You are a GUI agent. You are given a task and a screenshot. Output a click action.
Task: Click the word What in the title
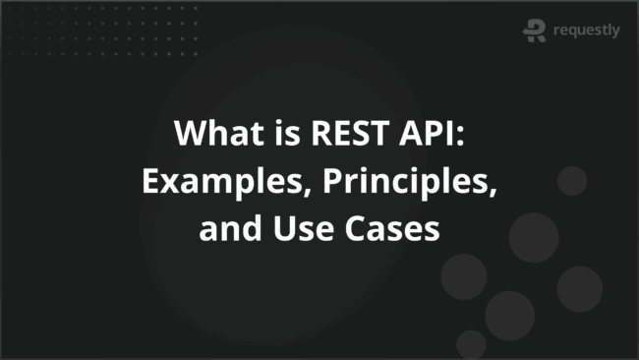pyautogui.click(x=210, y=134)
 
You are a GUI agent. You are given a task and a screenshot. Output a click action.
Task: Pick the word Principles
pyautogui.click(x=377, y=183)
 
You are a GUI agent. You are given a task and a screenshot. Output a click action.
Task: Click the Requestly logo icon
pyautogui.click(x=535, y=30)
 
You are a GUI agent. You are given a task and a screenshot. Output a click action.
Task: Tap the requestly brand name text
pyautogui.click(x=587, y=30)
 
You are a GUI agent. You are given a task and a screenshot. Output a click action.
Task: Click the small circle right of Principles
pyautogui.click(x=571, y=181)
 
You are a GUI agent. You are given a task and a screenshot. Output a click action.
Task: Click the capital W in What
pyautogui.click(x=189, y=134)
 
